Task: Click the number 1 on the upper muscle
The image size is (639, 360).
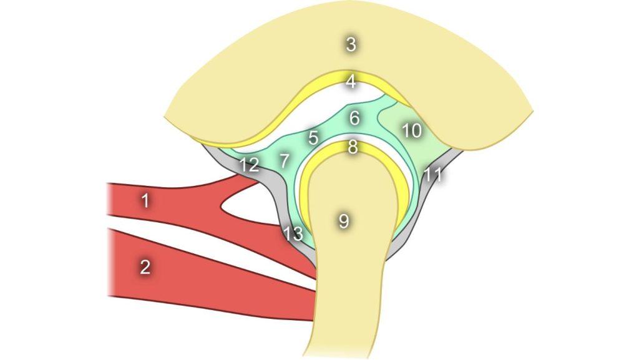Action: tap(145, 201)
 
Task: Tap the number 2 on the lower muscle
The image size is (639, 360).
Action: tap(145, 267)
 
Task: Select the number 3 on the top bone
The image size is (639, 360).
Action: tap(351, 44)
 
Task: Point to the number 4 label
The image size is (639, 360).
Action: tap(351, 82)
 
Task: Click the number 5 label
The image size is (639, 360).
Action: tap(313, 138)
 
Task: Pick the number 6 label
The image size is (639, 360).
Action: tap(354, 118)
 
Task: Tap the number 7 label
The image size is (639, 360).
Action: tap(285, 161)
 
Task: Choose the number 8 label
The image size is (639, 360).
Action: tap(353, 147)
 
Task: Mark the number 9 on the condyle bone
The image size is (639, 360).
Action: tap(344, 221)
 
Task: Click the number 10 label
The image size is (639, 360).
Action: tap(412, 131)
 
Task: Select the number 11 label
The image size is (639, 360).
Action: tap(433, 174)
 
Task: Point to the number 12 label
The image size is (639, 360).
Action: tap(249, 165)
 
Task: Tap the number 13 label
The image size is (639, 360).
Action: tap(293, 234)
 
